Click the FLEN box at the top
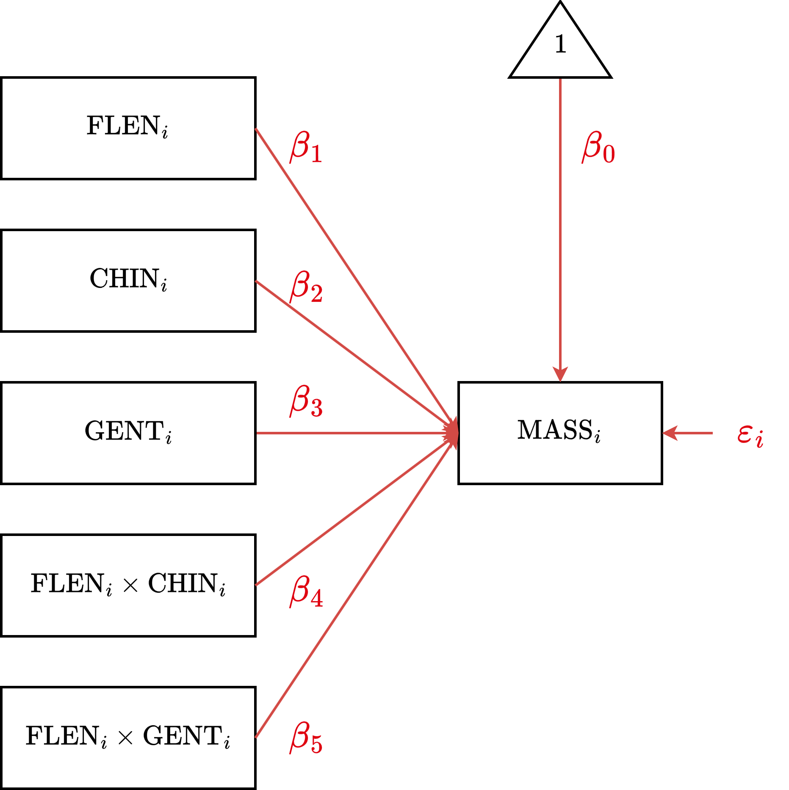coord(128,128)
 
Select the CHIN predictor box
coord(128,280)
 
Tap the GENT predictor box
coord(128,433)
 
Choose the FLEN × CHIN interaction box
coord(128,585)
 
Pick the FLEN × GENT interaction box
coord(128,738)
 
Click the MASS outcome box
coord(560,433)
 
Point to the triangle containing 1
coord(560,51)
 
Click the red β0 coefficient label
coord(598,147)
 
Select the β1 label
coord(306,147)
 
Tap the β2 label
coord(306,287)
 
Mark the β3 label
coord(306,401)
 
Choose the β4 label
coord(306,591)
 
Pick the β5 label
coord(306,738)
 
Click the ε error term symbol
coord(750,435)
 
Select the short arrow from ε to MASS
coord(688,433)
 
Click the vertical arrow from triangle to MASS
coord(560,229)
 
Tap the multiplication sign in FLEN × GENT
coord(125,738)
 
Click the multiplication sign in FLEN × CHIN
coord(130,586)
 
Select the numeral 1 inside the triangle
coord(560,44)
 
